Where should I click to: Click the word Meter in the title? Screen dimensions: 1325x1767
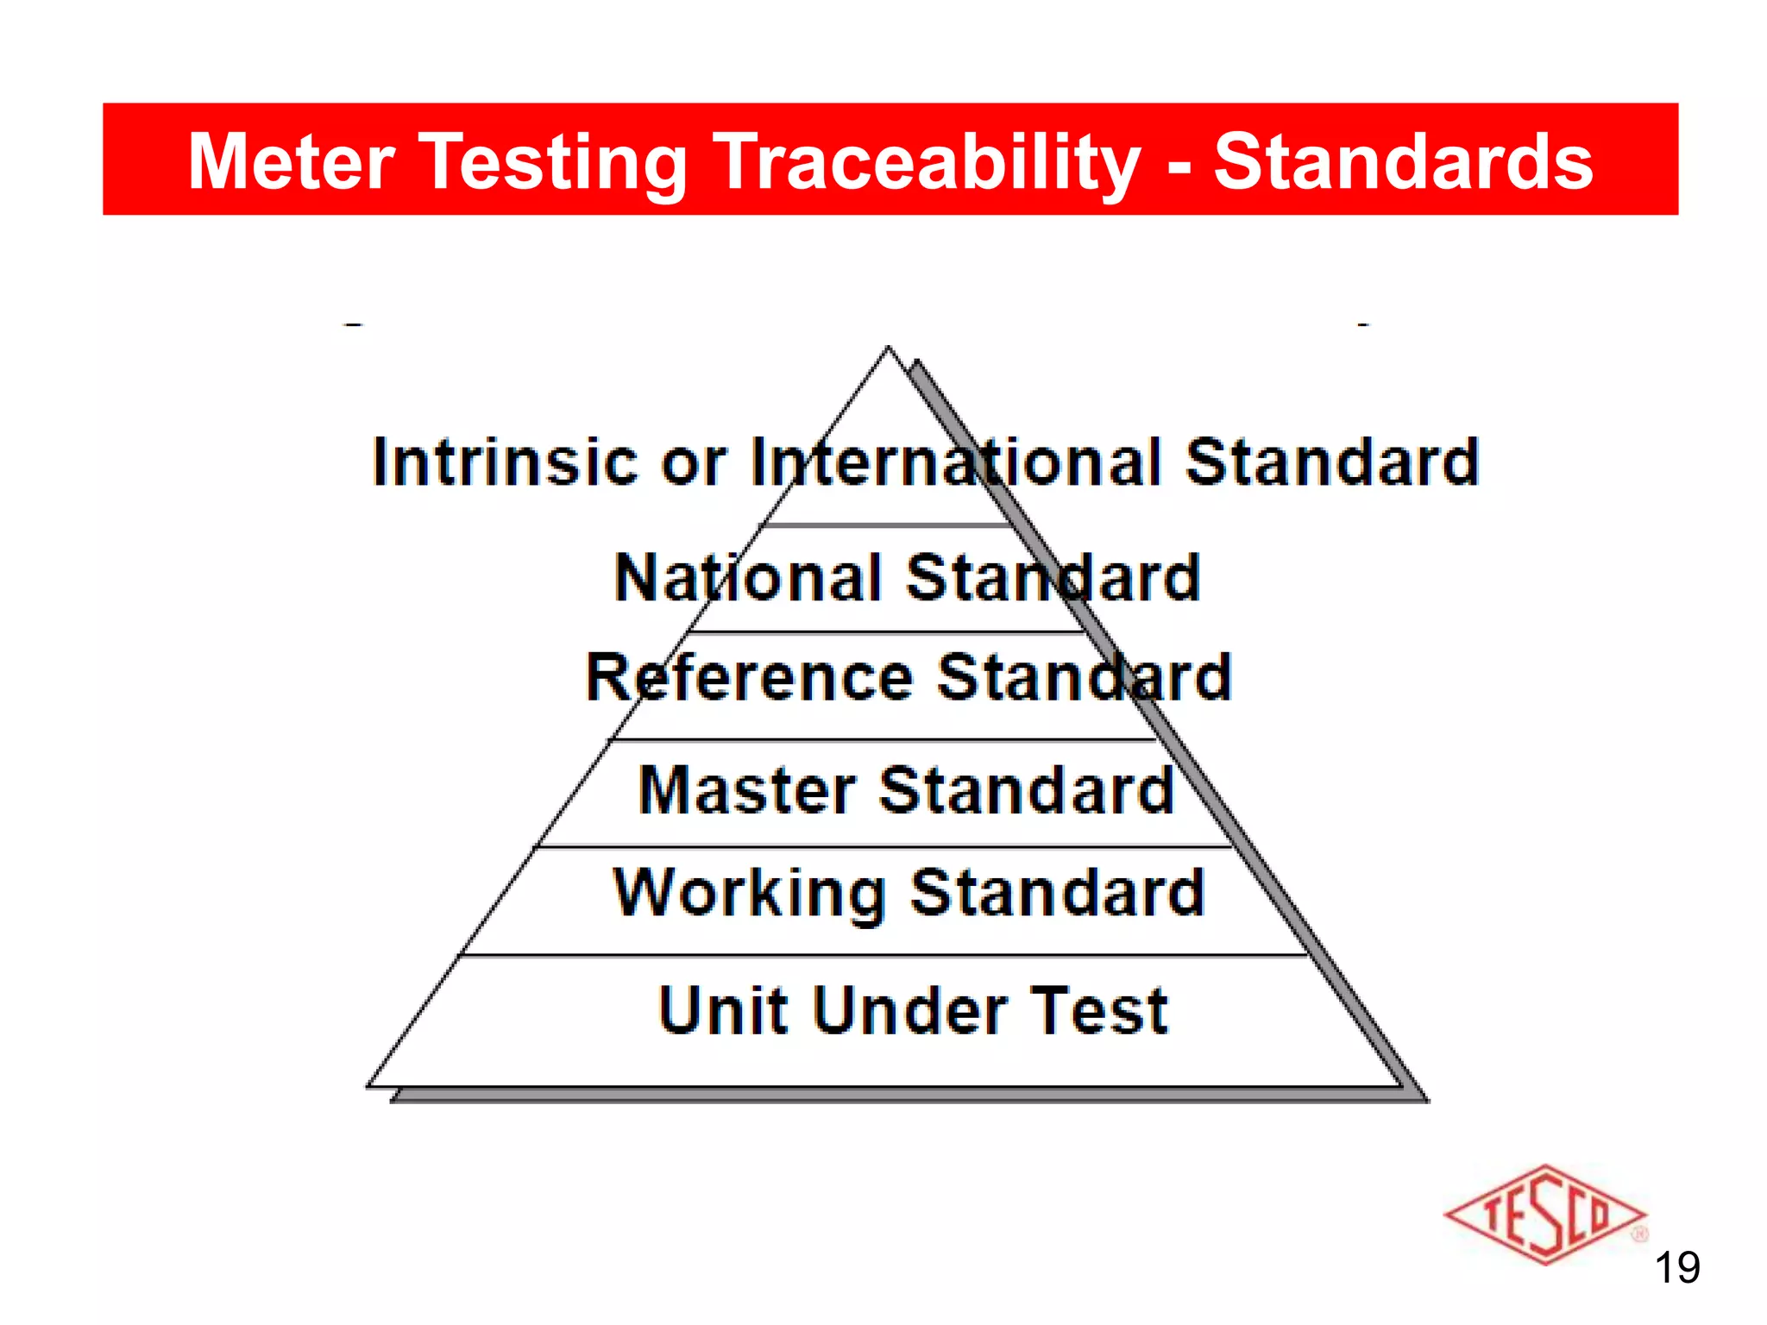coord(292,161)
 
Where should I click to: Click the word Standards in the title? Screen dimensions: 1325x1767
coord(1403,161)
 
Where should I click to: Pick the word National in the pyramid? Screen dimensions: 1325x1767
coord(748,577)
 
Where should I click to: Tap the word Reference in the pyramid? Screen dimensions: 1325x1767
coord(749,677)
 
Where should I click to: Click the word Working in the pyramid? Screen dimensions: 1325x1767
coord(749,893)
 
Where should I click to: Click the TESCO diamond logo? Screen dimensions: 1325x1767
coord(1544,1215)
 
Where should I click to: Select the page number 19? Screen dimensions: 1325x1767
coord(1676,1268)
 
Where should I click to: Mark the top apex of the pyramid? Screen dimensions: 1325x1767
coord(888,348)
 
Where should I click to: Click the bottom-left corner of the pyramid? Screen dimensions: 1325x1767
coord(369,1086)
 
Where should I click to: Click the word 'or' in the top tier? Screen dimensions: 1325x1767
coord(694,463)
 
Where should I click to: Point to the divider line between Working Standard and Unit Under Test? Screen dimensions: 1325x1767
coord(884,955)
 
